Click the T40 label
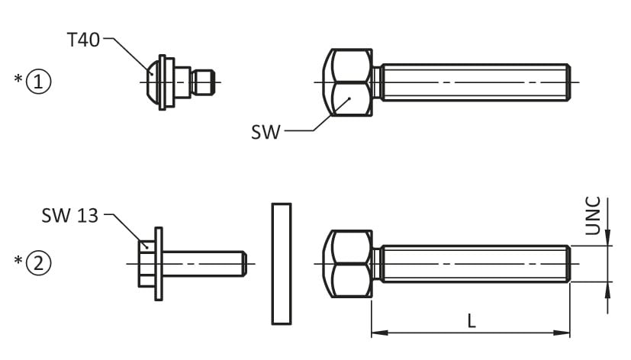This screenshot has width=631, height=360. (x=83, y=40)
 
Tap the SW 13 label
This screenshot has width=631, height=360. (x=69, y=216)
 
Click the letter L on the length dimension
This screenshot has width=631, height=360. (x=472, y=321)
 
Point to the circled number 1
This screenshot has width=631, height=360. (x=39, y=80)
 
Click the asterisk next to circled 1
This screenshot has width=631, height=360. (x=19, y=79)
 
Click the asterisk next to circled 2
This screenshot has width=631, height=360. (x=19, y=262)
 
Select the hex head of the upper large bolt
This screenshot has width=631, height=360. (x=350, y=82)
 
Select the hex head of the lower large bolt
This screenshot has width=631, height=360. (x=350, y=264)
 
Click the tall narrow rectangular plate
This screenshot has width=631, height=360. (x=281, y=264)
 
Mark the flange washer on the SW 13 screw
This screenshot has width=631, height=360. (x=159, y=264)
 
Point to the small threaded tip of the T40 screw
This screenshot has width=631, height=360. (x=204, y=82)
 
